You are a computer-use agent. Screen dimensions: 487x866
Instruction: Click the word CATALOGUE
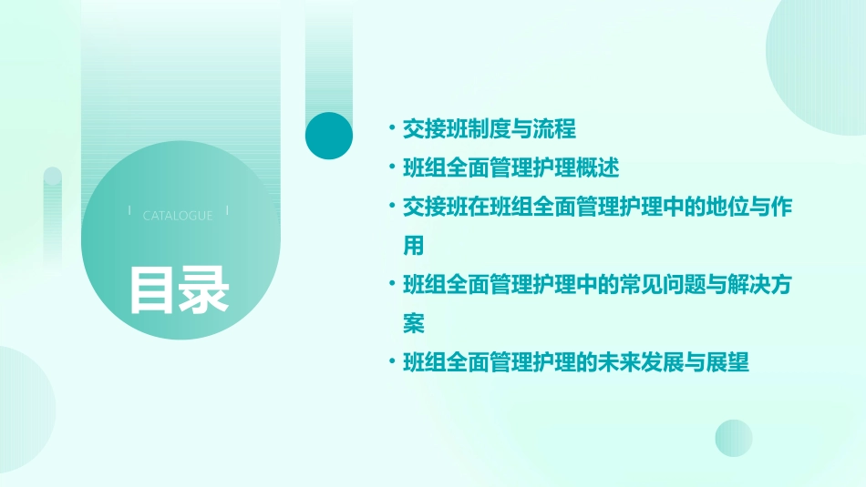click(178, 216)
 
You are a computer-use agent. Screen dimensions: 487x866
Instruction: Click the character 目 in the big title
click(152, 289)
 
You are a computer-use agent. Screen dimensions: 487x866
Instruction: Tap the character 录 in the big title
click(203, 289)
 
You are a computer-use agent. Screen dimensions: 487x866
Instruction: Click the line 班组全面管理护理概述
click(510, 168)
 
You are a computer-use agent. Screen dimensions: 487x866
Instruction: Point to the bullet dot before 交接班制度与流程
click(391, 129)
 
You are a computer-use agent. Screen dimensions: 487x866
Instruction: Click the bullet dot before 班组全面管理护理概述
click(391, 168)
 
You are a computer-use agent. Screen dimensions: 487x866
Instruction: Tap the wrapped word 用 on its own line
click(414, 246)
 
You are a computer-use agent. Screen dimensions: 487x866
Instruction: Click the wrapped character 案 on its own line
click(414, 324)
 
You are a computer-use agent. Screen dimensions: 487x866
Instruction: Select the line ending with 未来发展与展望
click(576, 363)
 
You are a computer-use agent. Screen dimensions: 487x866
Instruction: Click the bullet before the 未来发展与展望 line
click(391, 363)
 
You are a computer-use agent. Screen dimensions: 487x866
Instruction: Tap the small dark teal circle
click(329, 136)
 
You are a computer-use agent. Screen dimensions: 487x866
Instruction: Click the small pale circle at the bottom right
click(734, 438)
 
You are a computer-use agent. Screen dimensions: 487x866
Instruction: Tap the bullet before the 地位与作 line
click(391, 208)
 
